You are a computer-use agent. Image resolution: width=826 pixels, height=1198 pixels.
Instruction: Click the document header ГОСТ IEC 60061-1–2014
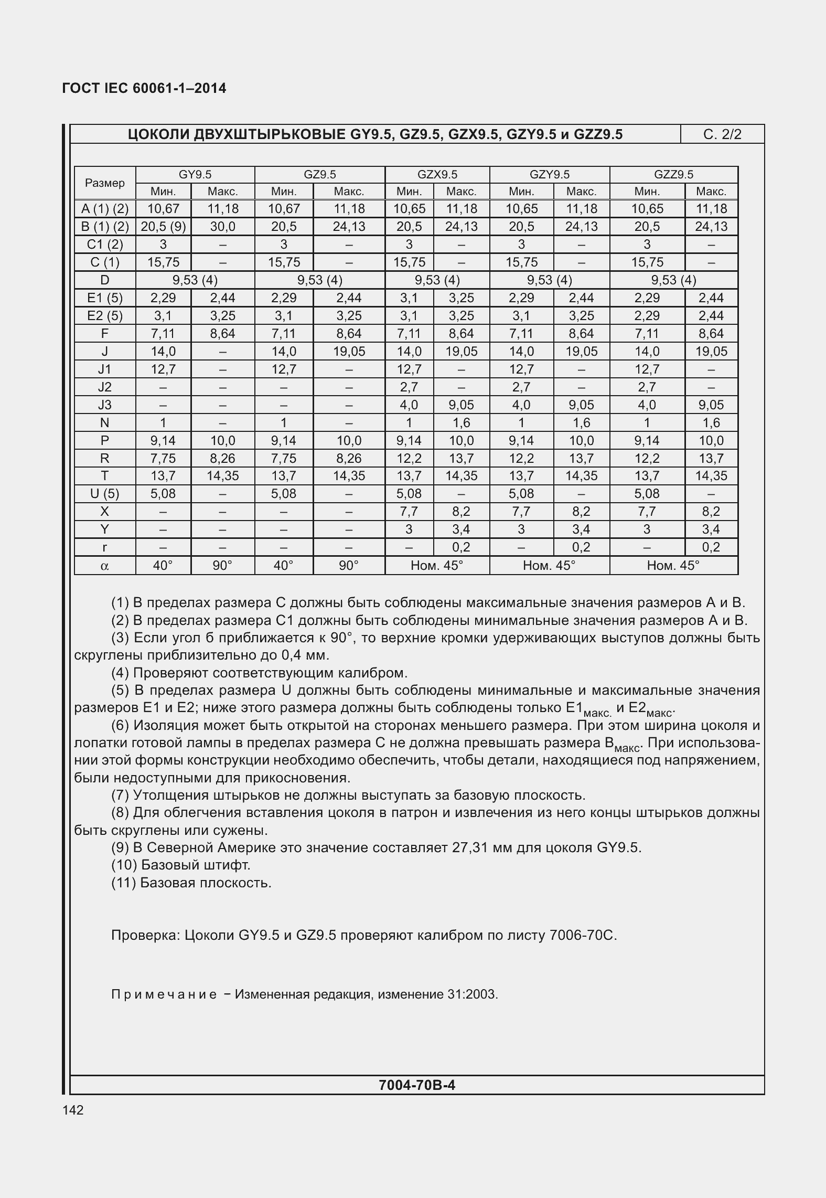(x=144, y=88)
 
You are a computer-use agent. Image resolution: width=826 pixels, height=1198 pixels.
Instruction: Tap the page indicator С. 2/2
(x=722, y=134)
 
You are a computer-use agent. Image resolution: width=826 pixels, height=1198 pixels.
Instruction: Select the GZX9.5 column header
(x=437, y=174)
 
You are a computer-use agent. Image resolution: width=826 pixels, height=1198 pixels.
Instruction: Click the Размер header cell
(x=105, y=183)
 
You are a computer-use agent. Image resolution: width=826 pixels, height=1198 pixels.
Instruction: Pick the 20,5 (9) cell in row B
(x=163, y=227)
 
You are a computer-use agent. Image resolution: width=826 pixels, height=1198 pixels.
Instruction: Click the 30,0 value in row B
(x=223, y=227)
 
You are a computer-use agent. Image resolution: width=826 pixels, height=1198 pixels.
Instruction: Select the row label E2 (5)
(x=105, y=316)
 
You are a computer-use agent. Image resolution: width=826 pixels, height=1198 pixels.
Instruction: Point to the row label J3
(x=105, y=405)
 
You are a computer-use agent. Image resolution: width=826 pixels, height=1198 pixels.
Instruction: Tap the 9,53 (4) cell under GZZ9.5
(x=673, y=280)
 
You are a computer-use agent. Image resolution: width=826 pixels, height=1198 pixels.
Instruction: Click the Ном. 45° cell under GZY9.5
(x=549, y=566)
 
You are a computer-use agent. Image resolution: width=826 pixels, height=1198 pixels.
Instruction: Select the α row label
(x=105, y=566)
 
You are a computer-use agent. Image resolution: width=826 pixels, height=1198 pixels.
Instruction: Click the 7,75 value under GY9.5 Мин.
(x=163, y=458)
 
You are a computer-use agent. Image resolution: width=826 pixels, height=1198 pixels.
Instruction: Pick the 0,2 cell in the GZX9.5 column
(x=461, y=547)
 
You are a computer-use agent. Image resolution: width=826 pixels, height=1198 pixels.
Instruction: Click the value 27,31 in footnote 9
(x=469, y=847)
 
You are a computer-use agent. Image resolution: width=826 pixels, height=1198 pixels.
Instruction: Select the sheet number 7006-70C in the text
(x=583, y=935)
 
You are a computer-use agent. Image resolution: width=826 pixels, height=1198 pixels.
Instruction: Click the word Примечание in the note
(x=164, y=994)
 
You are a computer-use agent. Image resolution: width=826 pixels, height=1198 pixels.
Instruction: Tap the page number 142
(x=73, y=1110)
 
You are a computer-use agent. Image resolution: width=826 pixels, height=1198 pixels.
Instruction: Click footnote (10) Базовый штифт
(x=181, y=865)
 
